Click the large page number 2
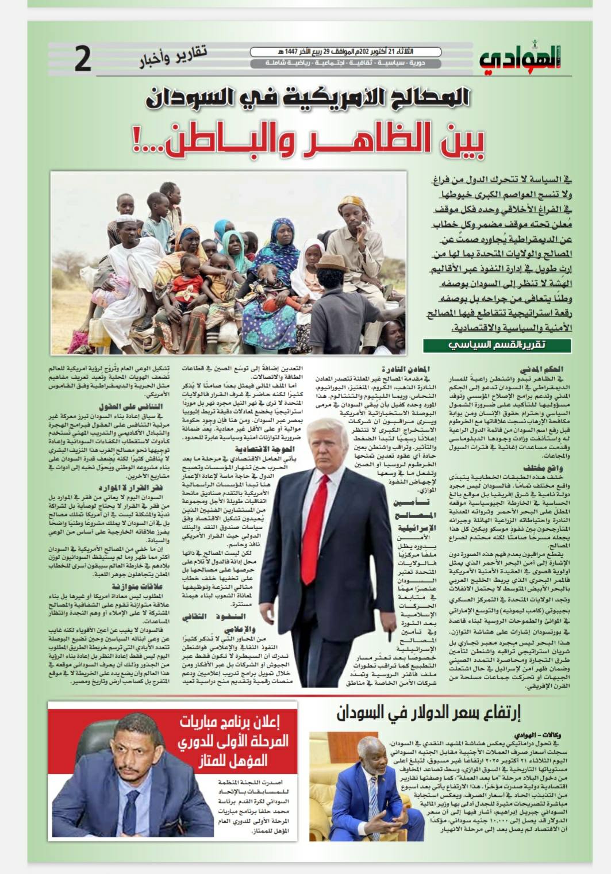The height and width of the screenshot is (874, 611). pos(83,60)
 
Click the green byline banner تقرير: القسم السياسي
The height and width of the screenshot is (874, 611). pos(497,346)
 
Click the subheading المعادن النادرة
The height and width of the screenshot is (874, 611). pos(405,369)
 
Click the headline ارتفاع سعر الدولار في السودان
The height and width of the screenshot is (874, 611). pos(428,714)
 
